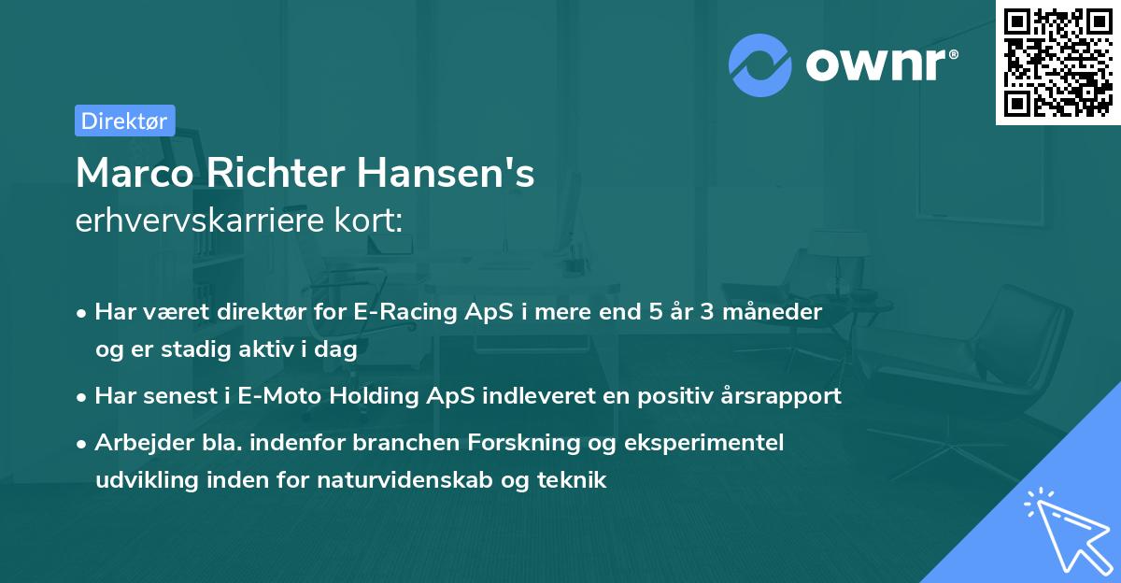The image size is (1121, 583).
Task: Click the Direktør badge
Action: tap(124, 121)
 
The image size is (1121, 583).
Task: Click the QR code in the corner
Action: tap(1057, 63)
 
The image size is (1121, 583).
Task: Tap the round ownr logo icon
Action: tap(759, 65)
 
